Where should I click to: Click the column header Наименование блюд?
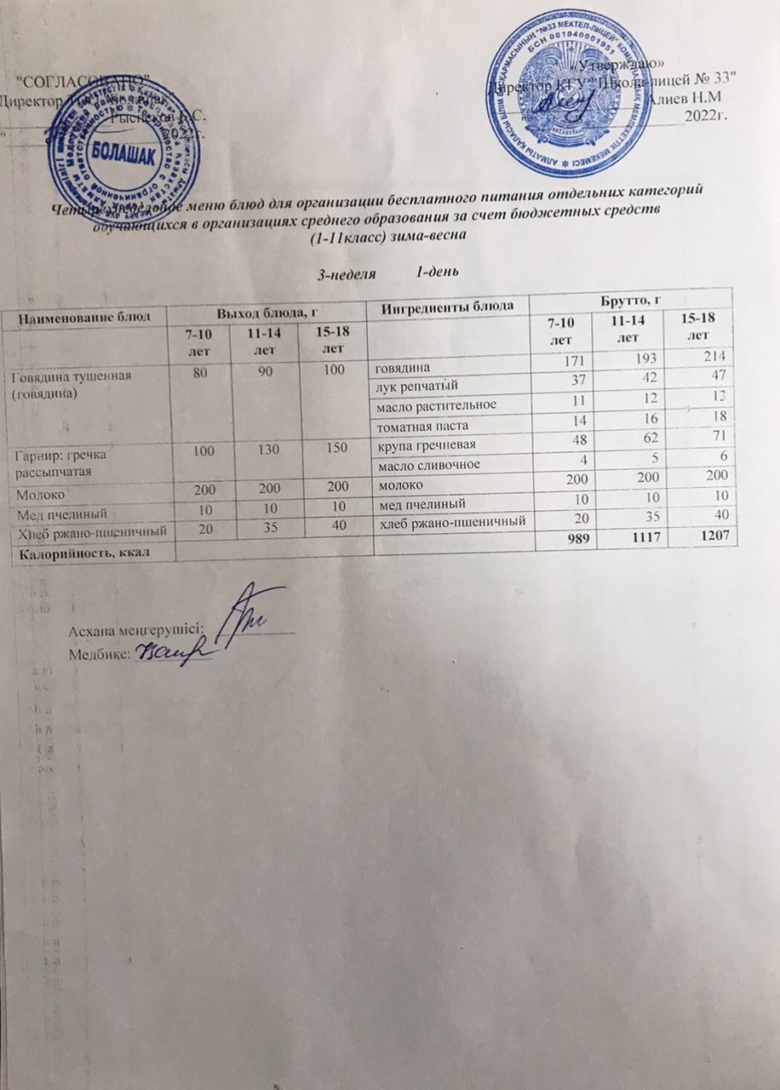[83, 316]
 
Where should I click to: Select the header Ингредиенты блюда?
[447, 305]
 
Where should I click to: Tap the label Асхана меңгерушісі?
[135, 631]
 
